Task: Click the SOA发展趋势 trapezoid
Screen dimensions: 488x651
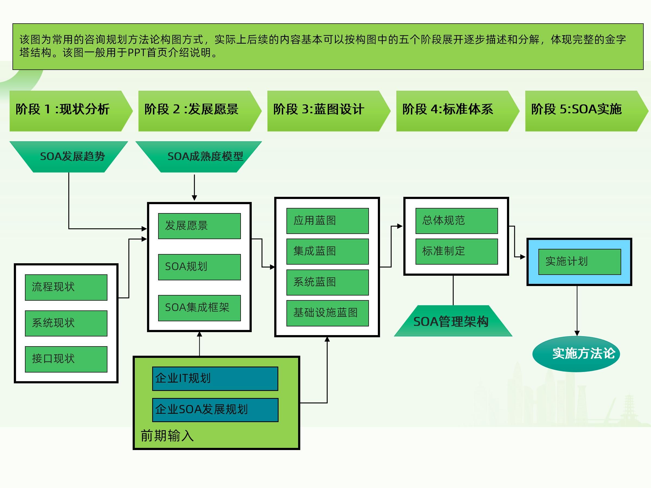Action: [x=69, y=156]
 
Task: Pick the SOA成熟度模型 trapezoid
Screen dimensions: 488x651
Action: [x=199, y=156]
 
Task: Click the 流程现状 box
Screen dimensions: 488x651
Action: [x=66, y=287]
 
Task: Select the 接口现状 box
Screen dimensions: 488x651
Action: [x=66, y=359]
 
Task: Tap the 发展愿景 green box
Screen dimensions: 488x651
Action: [x=199, y=226]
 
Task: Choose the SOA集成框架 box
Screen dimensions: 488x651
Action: [x=199, y=308]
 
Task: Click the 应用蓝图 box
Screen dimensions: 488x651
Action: [x=327, y=221]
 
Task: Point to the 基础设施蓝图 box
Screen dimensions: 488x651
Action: [x=327, y=313]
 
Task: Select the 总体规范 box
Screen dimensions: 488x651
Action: [x=457, y=221]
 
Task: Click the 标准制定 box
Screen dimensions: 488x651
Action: [x=457, y=252]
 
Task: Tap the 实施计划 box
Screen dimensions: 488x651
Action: [x=579, y=262]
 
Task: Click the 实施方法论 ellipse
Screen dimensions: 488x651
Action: [x=576, y=354]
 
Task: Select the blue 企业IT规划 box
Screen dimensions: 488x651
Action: [x=215, y=378]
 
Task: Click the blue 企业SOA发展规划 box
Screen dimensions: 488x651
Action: [x=215, y=410]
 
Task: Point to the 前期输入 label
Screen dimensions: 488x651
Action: [x=167, y=436]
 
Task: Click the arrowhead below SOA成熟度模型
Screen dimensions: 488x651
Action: [x=194, y=198]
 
